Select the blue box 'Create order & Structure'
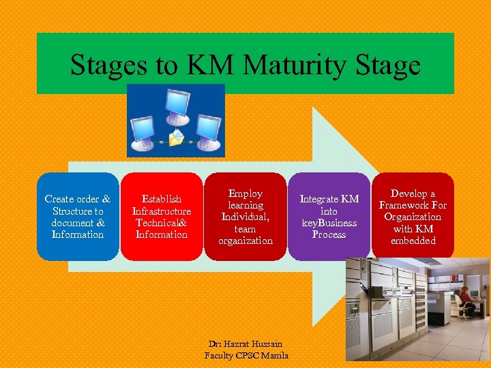point(78,217)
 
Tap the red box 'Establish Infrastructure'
point(162,217)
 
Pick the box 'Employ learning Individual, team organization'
point(245,217)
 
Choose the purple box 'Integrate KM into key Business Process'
point(329,217)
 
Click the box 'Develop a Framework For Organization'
point(413,217)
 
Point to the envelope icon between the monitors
point(177,138)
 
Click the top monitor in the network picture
point(177,104)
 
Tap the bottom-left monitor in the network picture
point(145,131)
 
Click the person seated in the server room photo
point(465,301)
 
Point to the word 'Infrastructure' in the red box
point(162,211)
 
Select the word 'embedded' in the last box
point(413,241)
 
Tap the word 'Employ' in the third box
point(245,194)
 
